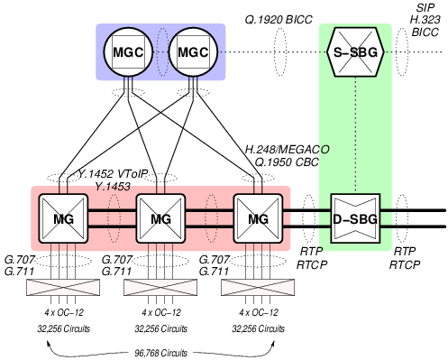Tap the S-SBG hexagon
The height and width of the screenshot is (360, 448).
(x=355, y=51)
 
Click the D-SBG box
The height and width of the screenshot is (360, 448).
(x=355, y=217)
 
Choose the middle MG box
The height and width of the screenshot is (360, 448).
(x=160, y=217)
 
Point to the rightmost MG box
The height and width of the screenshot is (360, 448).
(x=258, y=217)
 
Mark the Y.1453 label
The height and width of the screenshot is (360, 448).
(x=114, y=185)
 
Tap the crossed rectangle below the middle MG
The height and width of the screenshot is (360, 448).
(x=160, y=289)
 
